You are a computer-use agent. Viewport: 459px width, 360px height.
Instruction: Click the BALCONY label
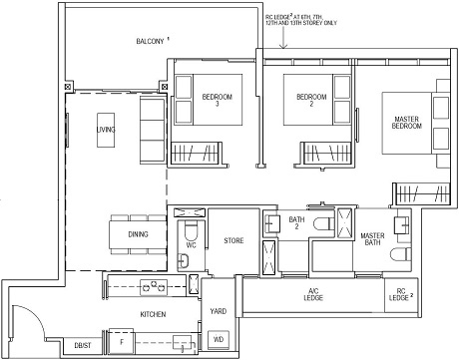151,42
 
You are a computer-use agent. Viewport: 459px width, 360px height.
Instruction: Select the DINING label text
111,234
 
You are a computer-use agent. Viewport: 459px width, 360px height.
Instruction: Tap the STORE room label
233,239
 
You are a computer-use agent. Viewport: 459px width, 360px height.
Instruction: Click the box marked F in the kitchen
121,342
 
